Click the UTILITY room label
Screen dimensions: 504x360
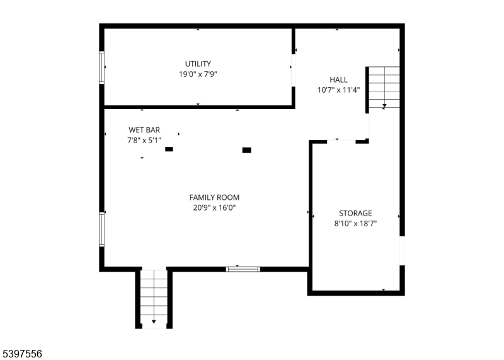tap(198, 64)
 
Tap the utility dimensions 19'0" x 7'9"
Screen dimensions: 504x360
tap(198, 74)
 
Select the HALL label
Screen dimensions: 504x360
tap(338, 79)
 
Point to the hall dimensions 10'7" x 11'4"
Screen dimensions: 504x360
tap(338, 90)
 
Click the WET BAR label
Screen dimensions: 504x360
tap(144, 130)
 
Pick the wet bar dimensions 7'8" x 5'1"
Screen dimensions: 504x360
tap(144, 140)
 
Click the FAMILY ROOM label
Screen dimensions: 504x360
tap(214, 197)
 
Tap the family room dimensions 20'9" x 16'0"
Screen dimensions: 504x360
tap(214, 207)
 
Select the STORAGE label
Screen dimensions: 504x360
tap(355, 213)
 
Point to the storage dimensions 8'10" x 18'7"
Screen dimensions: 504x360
tap(355, 223)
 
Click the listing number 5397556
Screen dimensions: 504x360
tap(21, 354)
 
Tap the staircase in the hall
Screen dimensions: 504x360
tap(384, 87)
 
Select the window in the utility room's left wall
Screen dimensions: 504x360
tap(101, 67)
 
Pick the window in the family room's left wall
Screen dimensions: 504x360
tap(101, 229)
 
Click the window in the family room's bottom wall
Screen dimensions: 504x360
tap(243, 269)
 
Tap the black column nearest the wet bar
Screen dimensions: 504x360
tap(169, 149)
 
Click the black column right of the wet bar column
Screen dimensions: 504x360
tap(246, 150)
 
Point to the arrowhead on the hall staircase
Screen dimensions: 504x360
tap(384, 105)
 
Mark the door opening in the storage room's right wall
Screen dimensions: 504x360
tap(402, 251)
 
